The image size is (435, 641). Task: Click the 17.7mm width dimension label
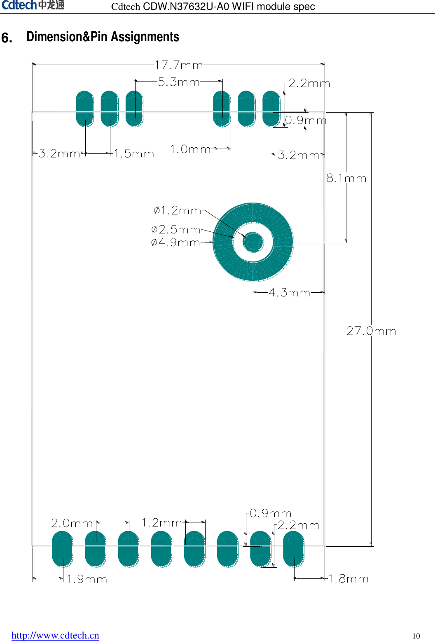coord(179,65)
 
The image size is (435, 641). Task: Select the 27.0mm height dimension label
coord(371,331)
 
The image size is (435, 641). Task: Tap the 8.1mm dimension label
coord(346,178)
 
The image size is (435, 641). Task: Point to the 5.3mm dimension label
coord(179,82)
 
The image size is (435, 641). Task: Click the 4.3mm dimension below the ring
coord(289,293)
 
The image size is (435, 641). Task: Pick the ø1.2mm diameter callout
coord(178,210)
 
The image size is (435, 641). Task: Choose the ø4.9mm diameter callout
coord(175,242)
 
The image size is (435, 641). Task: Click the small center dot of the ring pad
coord(253,242)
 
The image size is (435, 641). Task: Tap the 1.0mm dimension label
coord(190,149)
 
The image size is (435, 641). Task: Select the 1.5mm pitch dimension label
coord(134,154)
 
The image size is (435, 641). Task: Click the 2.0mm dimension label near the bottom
coord(72,523)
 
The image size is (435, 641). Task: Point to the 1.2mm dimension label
coord(161,523)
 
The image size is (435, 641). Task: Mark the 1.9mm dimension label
coord(87,579)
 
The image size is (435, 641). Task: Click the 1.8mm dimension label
coord(348,579)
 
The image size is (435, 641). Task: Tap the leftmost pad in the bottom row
coord(63,549)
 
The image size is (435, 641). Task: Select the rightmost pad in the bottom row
coord(294,549)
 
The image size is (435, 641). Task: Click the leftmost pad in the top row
coord(85,109)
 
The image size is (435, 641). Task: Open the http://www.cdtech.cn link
coord(55,635)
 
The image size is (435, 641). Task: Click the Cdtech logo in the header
coord(33,5)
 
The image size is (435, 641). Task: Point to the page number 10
coord(416,636)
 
